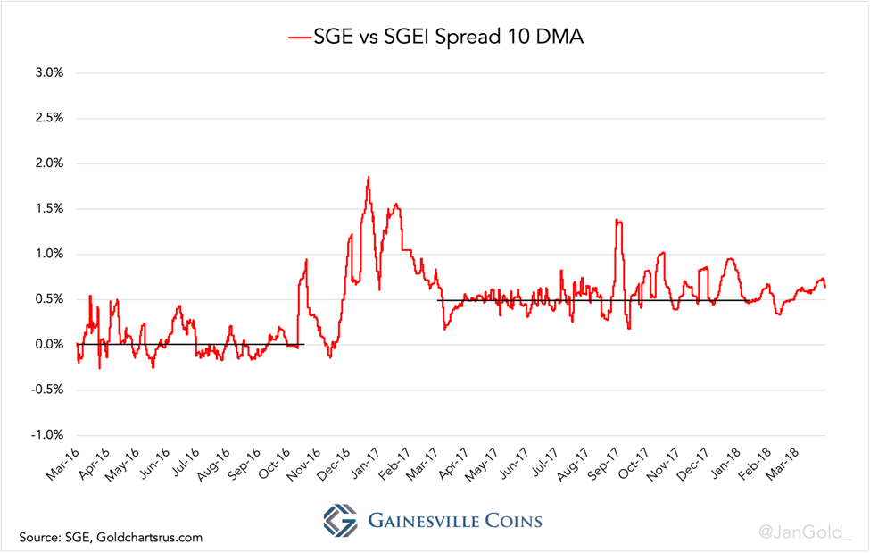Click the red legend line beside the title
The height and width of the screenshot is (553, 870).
click(x=298, y=37)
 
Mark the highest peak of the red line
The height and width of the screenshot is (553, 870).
click(x=368, y=178)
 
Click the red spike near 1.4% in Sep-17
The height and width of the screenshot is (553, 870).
click(x=617, y=221)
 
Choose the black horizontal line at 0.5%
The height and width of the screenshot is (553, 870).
click(x=625, y=300)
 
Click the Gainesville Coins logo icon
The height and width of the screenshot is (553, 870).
click(x=340, y=520)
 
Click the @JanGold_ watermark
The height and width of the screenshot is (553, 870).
click(x=805, y=533)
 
